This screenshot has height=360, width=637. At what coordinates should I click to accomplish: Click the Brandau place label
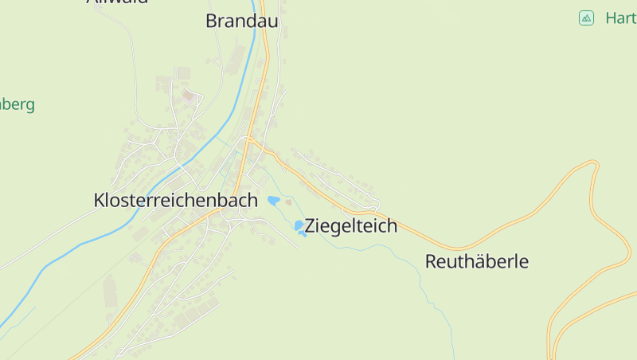click(x=241, y=22)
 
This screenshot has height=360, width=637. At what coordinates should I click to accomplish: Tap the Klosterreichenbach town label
click(x=175, y=201)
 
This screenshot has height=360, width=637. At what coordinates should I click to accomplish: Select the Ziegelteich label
click(x=350, y=226)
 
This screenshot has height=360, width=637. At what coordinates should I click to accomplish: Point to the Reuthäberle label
click(x=476, y=261)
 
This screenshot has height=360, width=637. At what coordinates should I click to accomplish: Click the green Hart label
click(x=620, y=18)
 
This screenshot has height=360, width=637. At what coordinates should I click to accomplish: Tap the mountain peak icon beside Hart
click(x=586, y=18)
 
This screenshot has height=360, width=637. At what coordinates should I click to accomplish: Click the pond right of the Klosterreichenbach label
click(x=273, y=201)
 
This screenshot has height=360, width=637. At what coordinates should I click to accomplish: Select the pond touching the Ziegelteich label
click(x=299, y=227)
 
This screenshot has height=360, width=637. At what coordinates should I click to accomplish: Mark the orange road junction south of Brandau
click(x=249, y=139)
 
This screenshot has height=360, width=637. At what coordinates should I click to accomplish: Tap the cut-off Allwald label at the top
click(x=116, y=2)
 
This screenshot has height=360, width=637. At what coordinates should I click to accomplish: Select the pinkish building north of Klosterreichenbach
click(x=189, y=96)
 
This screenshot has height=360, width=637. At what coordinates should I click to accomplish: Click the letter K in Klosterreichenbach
click(x=100, y=201)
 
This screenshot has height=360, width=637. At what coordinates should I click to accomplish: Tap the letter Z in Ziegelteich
click(x=311, y=226)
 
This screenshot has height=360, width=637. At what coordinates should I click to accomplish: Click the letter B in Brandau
click(x=212, y=22)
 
